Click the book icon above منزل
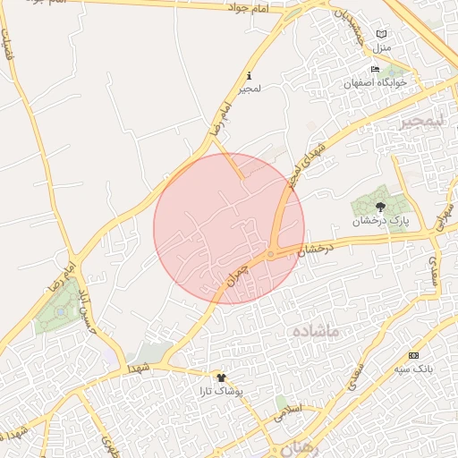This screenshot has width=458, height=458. pos(382,32)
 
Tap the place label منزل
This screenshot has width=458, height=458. pos(383,46)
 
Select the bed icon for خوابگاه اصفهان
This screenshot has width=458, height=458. pos(375,70)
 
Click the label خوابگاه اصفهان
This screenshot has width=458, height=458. pos(376,82)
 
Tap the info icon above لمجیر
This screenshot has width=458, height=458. pos(248,77)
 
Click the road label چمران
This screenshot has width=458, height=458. pos(235,276)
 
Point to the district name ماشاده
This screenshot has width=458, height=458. pos(315,332)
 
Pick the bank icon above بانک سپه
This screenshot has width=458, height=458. pos(412,355)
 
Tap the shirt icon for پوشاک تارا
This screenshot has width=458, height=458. pos(221,378)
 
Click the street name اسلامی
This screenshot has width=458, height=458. pos(292,413)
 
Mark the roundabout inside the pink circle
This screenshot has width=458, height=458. pos(271,254)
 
